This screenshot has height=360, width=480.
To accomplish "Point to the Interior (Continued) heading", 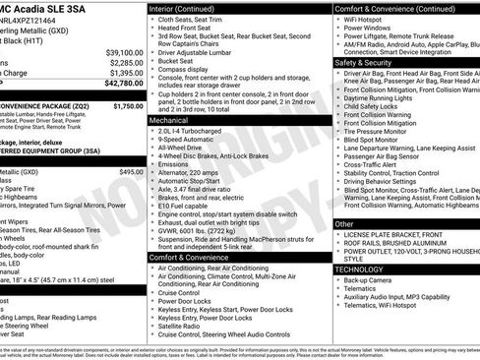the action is tap(188, 8).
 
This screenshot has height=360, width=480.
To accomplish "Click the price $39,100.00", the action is tap(124, 51).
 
